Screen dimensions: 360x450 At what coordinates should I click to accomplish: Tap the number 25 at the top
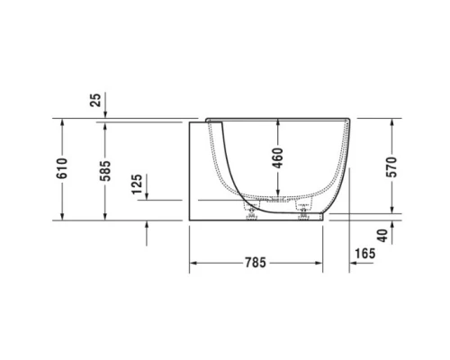click(96, 100)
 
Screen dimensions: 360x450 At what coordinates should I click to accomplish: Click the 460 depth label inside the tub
click(277, 161)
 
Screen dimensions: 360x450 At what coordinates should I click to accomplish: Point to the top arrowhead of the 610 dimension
click(62, 121)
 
